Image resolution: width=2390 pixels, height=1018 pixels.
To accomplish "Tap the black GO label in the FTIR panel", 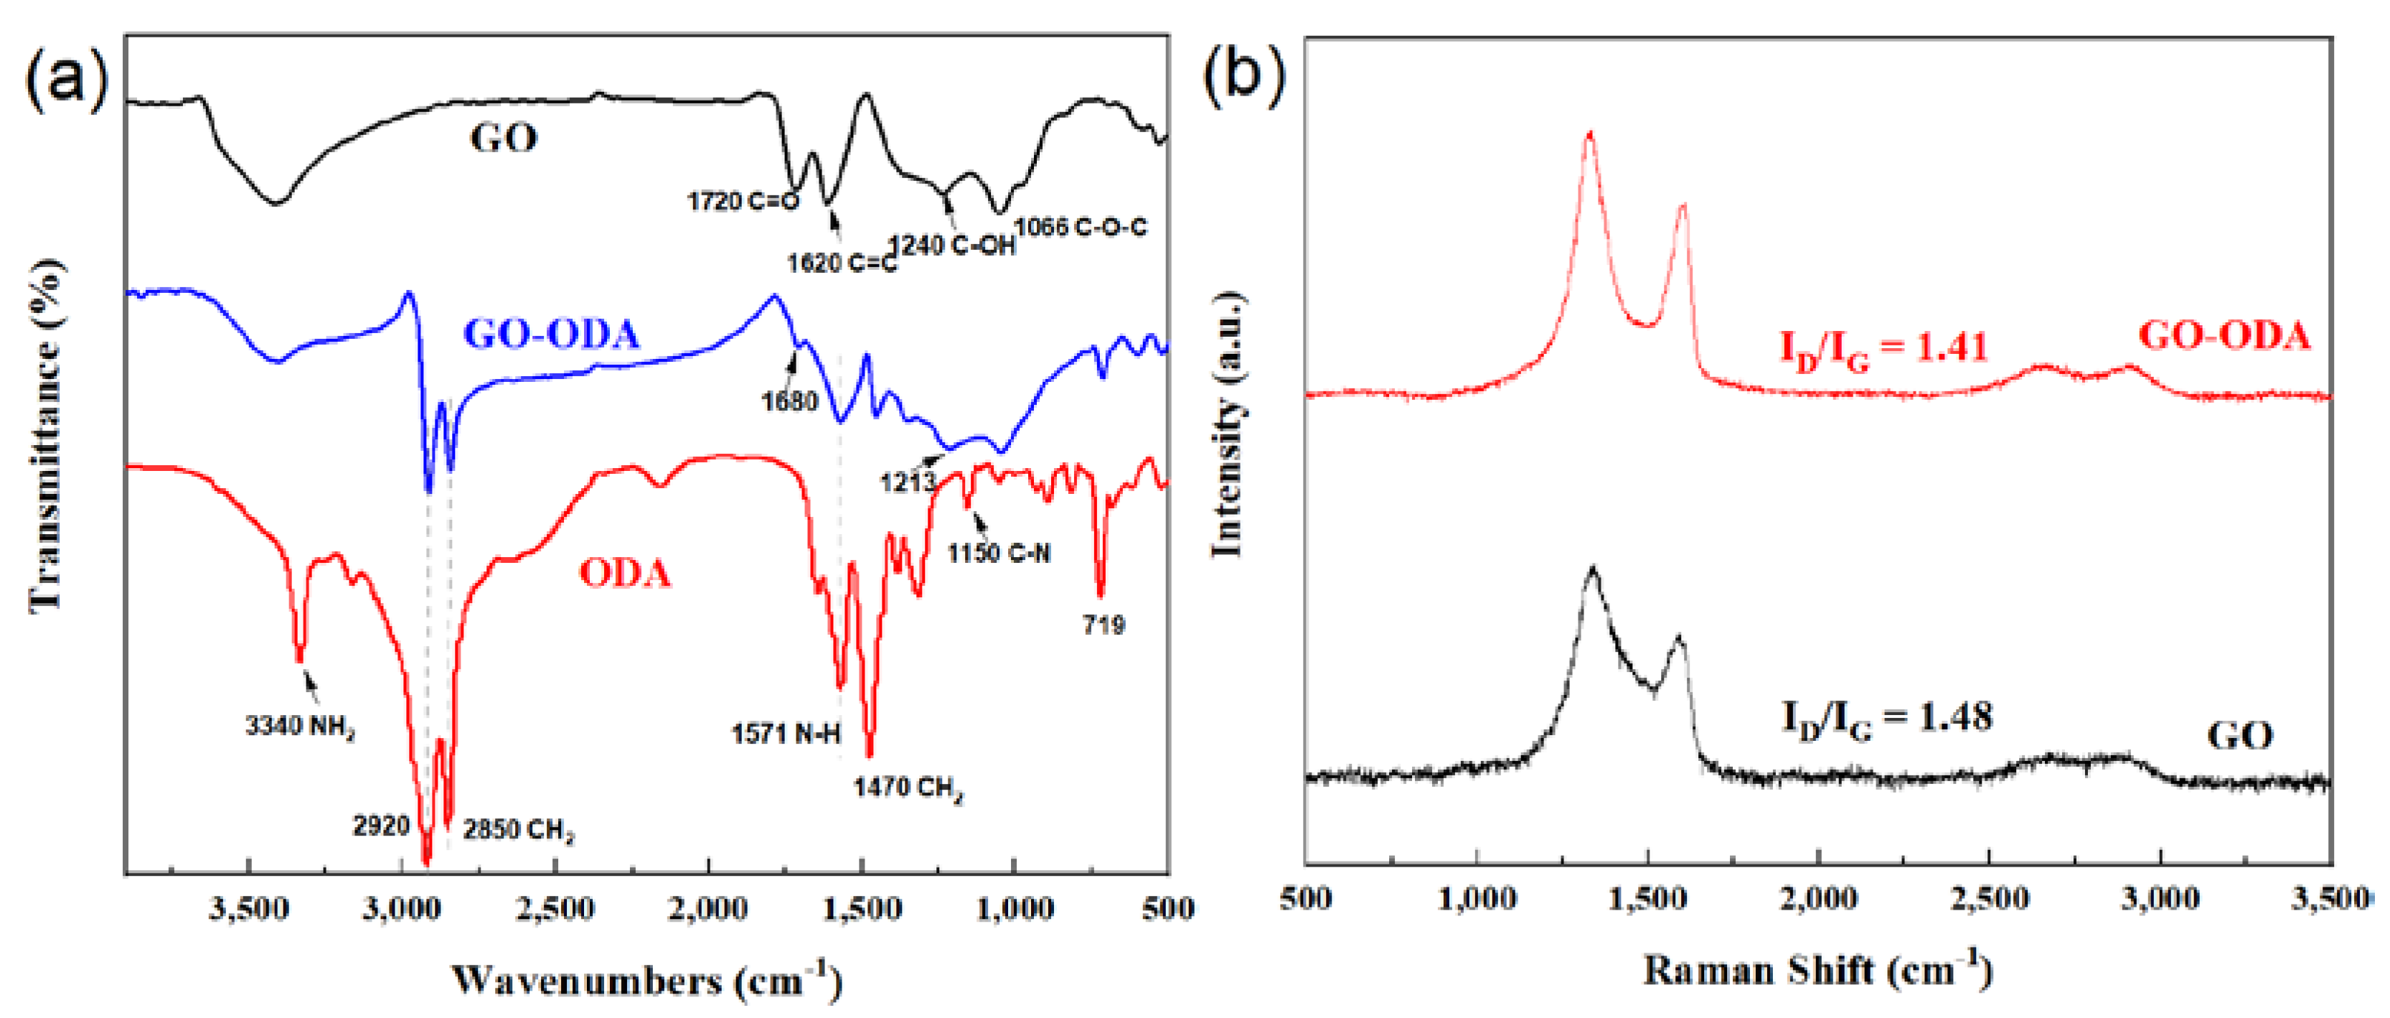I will tap(504, 139).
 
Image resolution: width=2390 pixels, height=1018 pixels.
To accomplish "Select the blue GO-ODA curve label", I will tap(551, 334).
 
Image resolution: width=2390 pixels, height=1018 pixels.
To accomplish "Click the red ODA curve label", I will tap(624, 574).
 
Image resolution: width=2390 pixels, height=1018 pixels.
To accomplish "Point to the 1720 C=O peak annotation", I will tap(742, 201).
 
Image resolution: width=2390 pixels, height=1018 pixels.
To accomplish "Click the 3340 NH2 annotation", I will tap(300, 726).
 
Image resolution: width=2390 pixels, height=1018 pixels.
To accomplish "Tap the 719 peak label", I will tap(1103, 625).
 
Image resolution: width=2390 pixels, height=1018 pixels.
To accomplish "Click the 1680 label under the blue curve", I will tap(789, 402).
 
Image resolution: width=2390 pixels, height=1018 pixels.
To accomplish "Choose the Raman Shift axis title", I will tap(1817, 971).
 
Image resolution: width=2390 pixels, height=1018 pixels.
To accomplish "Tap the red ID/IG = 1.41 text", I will tap(1883, 349).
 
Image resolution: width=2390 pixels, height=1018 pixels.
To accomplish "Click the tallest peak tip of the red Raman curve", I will tap(1590, 134).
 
